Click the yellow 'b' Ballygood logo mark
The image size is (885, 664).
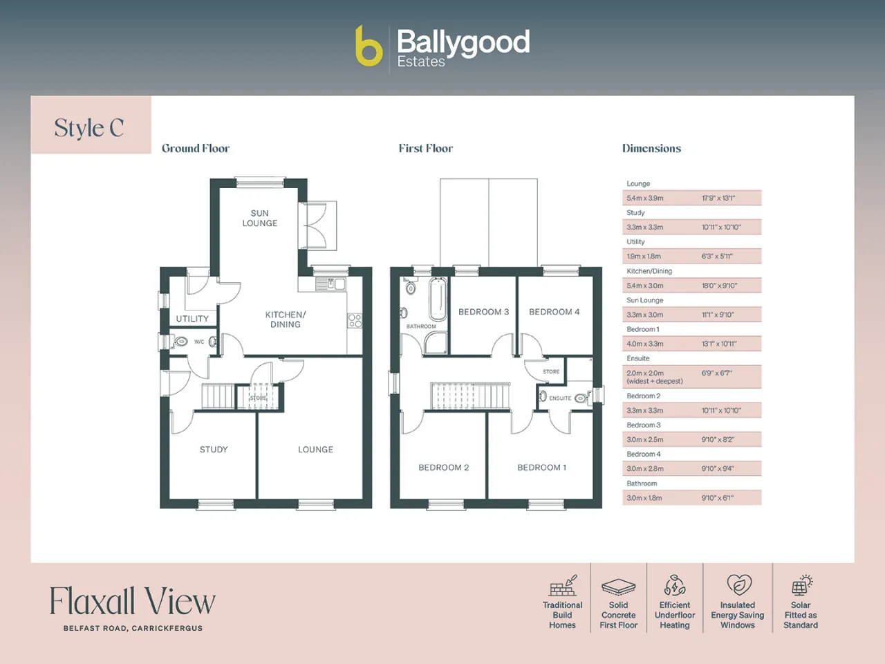(x=369, y=46)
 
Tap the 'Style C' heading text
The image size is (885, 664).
(x=89, y=128)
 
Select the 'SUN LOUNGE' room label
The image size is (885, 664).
(x=260, y=218)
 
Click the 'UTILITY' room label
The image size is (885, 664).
(x=192, y=318)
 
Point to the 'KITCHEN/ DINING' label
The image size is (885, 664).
(x=286, y=320)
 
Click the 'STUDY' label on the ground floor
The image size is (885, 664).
(x=214, y=449)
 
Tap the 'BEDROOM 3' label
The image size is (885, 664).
(x=483, y=312)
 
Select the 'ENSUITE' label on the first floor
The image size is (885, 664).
(x=560, y=398)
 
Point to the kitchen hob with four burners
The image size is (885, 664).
(x=355, y=321)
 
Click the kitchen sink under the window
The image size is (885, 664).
(x=330, y=284)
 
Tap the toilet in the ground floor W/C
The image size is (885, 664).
(x=180, y=342)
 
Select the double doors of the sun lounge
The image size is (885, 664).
(x=318, y=225)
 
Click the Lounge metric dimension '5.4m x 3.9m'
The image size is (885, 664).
(x=645, y=198)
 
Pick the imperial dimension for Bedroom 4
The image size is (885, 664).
(x=718, y=468)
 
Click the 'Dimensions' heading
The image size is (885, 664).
(x=651, y=148)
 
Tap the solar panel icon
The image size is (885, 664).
(x=801, y=585)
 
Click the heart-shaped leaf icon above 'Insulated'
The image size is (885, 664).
(x=739, y=584)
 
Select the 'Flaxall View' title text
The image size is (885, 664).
(x=133, y=600)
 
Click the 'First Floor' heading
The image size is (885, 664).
(x=426, y=148)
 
